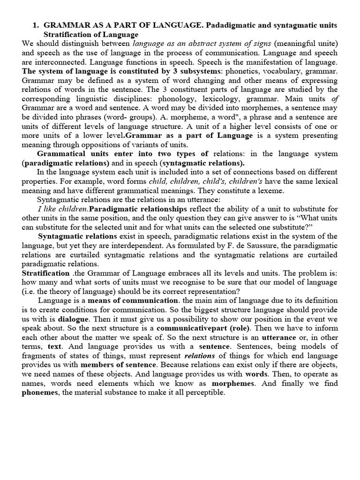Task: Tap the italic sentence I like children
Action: [x=62, y=209]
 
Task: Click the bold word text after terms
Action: [x=55, y=346]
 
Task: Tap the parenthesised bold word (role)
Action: [x=238, y=328]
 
